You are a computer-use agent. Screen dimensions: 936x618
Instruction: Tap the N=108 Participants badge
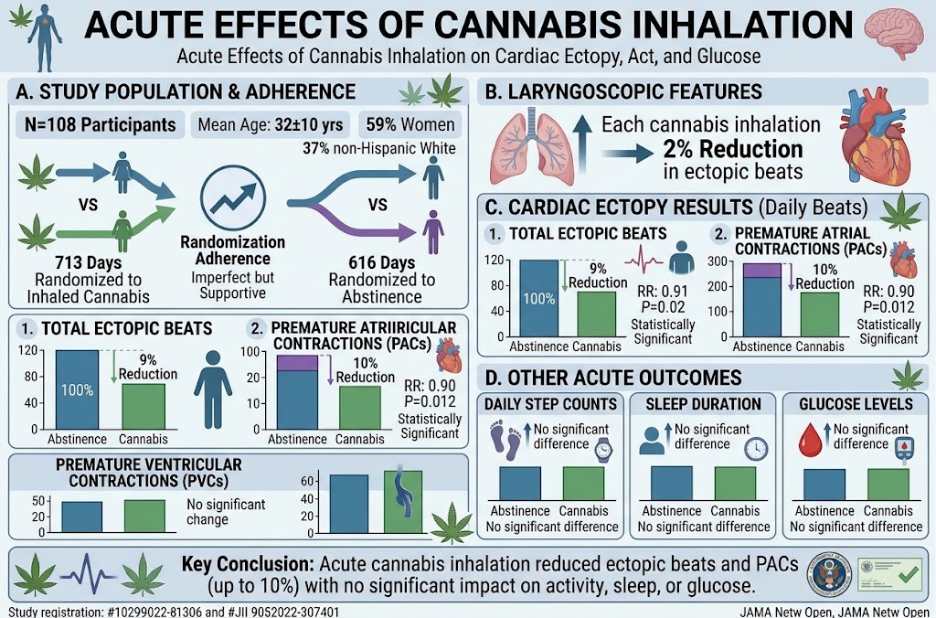[x=101, y=125]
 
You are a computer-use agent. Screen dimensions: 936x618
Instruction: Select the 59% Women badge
[x=410, y=124]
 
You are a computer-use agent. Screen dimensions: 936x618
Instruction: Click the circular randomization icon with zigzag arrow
[x=233, y=198]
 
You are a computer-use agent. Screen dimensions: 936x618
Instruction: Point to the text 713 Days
[x=89, y=262]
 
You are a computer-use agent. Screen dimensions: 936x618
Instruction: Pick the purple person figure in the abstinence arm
[x=432, y=231]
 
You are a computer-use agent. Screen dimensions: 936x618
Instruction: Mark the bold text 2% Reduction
[x=733, y=149]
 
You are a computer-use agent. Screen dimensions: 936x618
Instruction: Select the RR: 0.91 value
[x=663, y=292]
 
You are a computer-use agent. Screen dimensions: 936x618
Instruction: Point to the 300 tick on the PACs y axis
[x=718, y=261]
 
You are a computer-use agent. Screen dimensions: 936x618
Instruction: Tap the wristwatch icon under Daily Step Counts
[x=604, y=450]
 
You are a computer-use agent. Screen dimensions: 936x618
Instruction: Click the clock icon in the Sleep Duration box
[x=756, y=449]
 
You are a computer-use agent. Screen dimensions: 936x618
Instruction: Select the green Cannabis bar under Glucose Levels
[x=888, y=485]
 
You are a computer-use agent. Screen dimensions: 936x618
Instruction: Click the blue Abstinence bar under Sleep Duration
[x=672, y=483]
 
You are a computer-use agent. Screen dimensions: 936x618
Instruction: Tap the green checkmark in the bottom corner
[x=908, y=575]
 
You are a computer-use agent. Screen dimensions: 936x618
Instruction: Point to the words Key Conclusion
[x=245, y=564]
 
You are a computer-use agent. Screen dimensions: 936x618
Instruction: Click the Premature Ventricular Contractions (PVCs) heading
[x=149, y=473]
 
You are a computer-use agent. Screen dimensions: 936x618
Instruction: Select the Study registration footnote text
[x=174, y=612]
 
